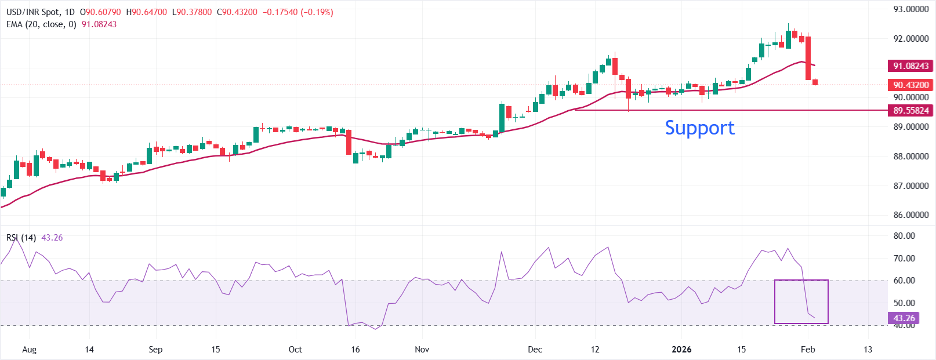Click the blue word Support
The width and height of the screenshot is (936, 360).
(699, 128)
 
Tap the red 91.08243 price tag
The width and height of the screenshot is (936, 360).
(910, 66)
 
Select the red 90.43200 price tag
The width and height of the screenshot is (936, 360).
(910, 85)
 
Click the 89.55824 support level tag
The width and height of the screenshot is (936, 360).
(910, 110)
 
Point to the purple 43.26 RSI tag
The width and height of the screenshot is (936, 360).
(904, 318)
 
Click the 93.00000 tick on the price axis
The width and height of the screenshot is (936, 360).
(910, 9)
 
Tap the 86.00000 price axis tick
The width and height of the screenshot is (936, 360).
(910, 215)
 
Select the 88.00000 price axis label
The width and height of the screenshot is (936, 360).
(910, 157)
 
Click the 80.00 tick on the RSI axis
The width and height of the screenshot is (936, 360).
(904, 236)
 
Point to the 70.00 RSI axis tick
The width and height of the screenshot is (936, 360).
(904, 259)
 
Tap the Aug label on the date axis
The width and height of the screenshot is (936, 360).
(29, 350)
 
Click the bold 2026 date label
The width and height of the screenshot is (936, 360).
(681, 350)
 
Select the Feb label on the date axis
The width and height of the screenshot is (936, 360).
(808, 350)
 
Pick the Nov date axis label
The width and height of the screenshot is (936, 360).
(422, 350)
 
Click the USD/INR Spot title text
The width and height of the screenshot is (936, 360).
(41, 12)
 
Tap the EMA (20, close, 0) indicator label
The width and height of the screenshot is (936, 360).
(41, 24)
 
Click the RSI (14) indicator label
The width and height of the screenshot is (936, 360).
(21, 238)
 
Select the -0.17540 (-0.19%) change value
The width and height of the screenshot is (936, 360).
(298, 12)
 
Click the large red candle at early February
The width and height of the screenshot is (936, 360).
(808, 58)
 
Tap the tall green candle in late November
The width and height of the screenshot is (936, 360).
(502, 118)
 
